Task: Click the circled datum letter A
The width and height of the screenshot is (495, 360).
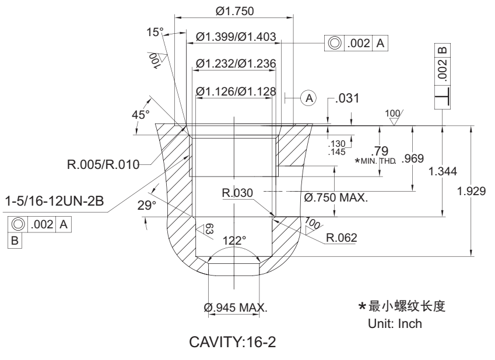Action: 310,97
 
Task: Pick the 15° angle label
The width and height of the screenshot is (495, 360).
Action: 156,32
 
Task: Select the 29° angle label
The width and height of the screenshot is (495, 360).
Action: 151,205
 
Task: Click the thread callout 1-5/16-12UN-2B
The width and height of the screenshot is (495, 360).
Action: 54,202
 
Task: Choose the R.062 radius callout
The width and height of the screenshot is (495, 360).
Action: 342,238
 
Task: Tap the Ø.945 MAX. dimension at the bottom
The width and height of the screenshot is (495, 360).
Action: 235,307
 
